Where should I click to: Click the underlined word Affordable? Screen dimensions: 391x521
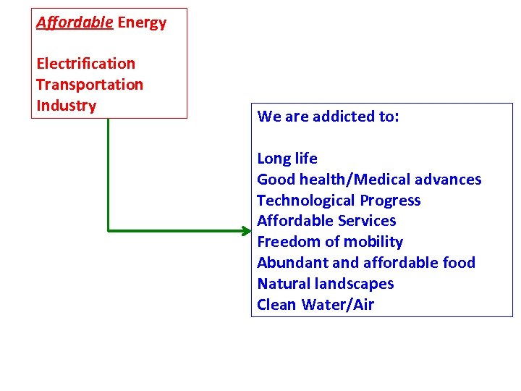point(75,22)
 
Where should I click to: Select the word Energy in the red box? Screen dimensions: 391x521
point(142,22)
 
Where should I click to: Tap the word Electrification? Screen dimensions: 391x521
point(85,64)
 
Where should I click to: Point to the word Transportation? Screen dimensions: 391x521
point(90,85)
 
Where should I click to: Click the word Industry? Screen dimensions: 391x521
point(66,106)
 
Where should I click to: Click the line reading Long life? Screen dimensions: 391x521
point(287,159)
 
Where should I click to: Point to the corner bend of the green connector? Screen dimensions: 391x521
point(108,231)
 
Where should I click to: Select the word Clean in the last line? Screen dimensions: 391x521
point(277,305)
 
